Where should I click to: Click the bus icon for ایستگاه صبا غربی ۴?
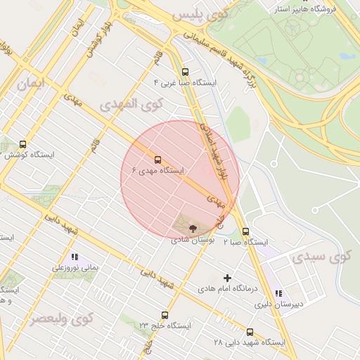click(x=185, y=72)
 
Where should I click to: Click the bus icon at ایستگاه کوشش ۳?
click(x=23, y=144)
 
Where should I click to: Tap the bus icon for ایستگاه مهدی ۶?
click(x=157, y=160)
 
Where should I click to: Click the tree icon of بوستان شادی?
click(x=193, y=228)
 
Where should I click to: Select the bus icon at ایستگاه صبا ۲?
click(x=245, y=231)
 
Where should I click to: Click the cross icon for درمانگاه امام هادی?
click(x=227, y=278)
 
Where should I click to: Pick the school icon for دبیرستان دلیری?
click(x=278, y=293)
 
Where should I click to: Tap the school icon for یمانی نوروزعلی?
click(x=75, y=257)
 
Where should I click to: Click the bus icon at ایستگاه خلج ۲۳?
click(x=165, y=315)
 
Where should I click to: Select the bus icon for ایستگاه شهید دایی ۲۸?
click(x=250, y=332)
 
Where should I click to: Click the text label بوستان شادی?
click(x=192, y=240)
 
